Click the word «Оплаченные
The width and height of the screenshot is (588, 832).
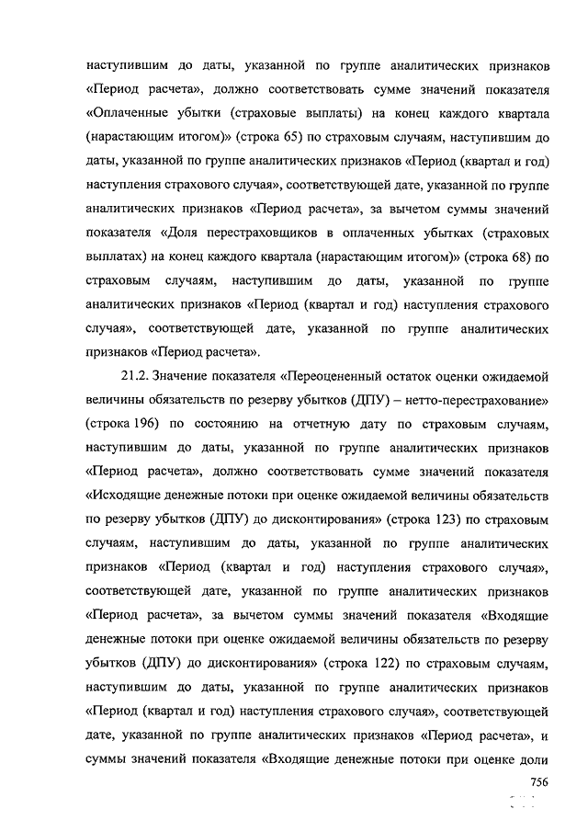click(127, 116)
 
